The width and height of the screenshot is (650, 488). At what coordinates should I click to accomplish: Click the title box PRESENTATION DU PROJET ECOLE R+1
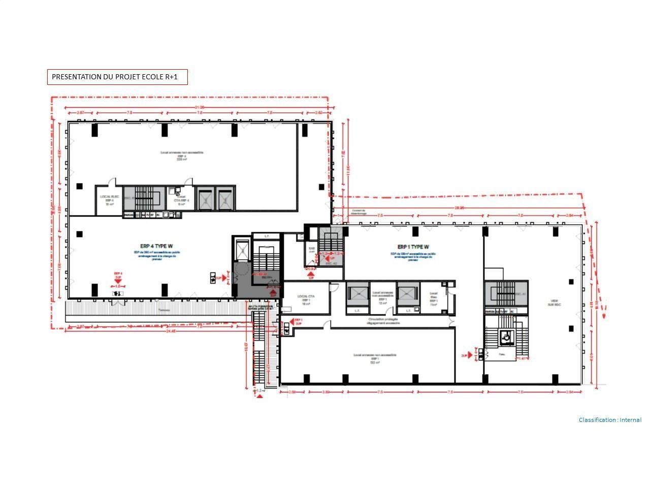pyautogui.click(x=117, y=77)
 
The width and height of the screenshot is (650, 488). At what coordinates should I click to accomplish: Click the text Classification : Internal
pyautogui.click(x=610, y=420)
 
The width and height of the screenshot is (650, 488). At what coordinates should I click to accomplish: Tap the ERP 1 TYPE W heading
pyautogui.click(x=413, y=248)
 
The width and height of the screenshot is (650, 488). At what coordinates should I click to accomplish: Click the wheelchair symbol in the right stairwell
pyautogui.click(x=506, y=337)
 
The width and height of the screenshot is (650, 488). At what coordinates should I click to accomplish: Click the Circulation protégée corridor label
pyautogui.click(x=383, y=321)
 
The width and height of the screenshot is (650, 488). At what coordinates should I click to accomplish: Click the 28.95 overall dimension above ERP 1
pyautogui.click(x=460, y=208)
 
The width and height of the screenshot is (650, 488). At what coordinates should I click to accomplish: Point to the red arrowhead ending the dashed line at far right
pyautogui.click(x=604, y=315)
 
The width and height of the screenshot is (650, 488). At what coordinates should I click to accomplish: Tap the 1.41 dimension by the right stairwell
pyautogui.click(x=522, y=359)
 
